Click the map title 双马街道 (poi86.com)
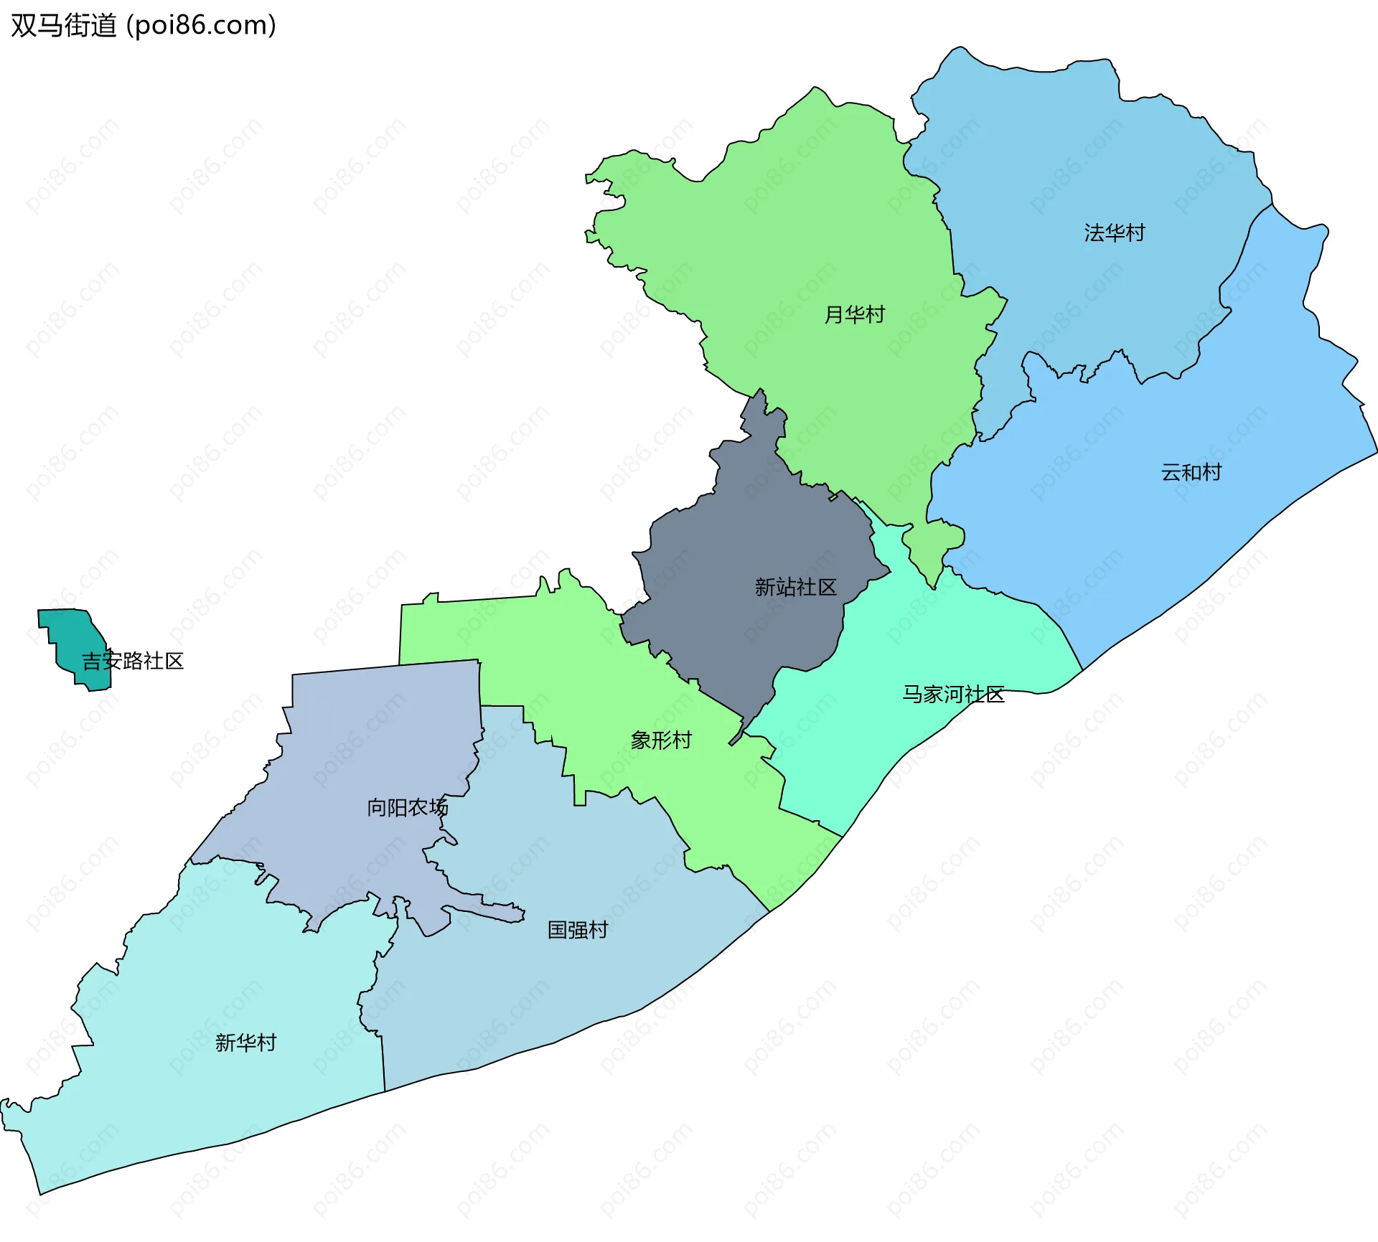144,26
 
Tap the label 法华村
1114,233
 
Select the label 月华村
854,315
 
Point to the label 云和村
1191,473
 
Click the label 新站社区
795,588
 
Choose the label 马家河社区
953,695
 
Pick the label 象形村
661,740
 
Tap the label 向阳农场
407,808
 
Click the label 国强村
578,931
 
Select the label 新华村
246,1043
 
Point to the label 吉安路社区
133,662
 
